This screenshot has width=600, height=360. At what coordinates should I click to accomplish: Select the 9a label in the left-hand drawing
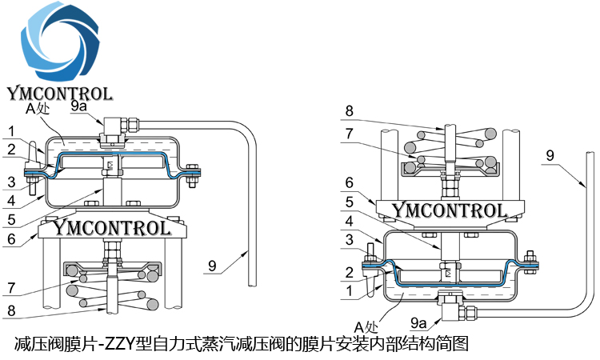(x=79, y=106)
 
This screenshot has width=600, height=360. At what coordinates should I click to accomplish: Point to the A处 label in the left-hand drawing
(x=38, y=110)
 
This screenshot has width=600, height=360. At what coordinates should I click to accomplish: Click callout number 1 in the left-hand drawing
(x=11, y=130)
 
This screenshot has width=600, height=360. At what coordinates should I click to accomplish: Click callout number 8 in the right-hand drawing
(x=349, y=110)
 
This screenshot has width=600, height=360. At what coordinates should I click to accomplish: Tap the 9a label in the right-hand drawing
(x=417, y=323)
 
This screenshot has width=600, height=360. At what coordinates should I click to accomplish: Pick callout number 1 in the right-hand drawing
(x=349, y=294)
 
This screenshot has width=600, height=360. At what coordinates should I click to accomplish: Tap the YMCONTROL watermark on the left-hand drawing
(x=110, y=228)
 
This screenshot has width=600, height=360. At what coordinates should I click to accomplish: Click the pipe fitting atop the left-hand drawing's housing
(x=111, y=126)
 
